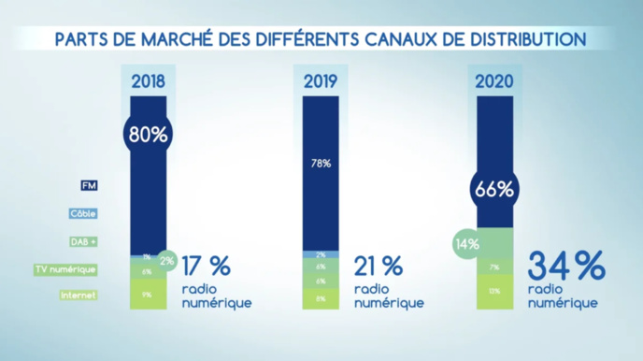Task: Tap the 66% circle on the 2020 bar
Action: pyautogui.click(x=494, y=189)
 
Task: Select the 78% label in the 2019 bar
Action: pyautogui.click(x=321, y=163)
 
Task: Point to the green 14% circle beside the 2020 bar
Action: pyautogui.click(x=467, y=245)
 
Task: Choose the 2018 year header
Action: pyautogui.click(x=148, y=80)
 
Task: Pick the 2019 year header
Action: pyautogui.click(x=321, y=80)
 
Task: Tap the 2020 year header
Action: pyautogui.click(x=494, y=80)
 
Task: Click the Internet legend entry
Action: pyautogui.click(x=79, y=296)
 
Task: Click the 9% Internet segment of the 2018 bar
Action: pyautogui.click(x=148, y=295)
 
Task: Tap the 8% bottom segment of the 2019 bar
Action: pyautogui.click(x=321, y=299)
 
